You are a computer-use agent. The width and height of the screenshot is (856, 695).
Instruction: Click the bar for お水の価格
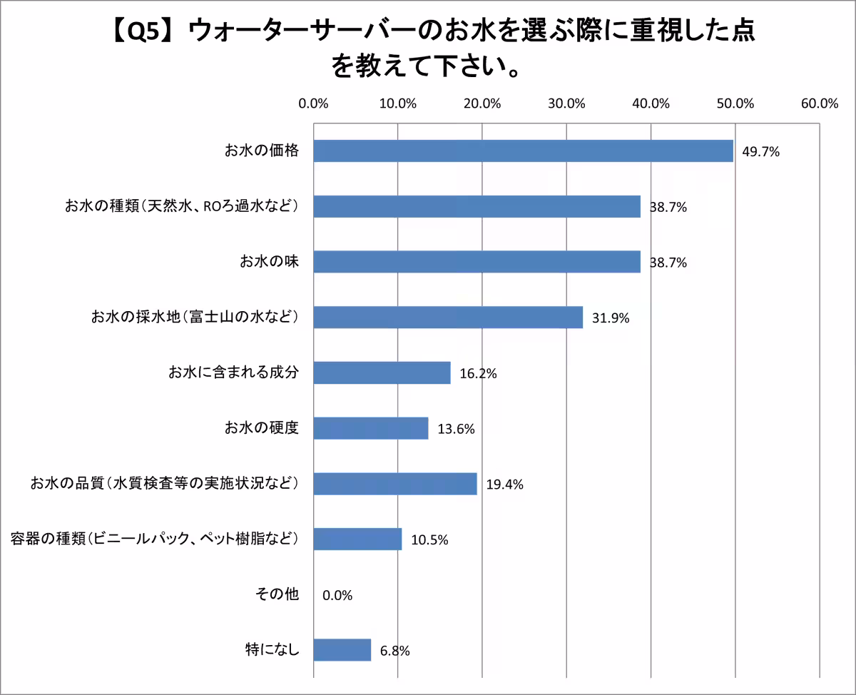[523, 151]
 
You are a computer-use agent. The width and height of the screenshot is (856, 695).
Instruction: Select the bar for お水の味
[477, 262]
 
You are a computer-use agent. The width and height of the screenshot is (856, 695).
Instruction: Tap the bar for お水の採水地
[448, 318]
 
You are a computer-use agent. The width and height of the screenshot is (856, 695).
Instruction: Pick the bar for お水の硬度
[371, 428]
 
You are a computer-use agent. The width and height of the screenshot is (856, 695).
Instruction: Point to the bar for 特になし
[342, 650]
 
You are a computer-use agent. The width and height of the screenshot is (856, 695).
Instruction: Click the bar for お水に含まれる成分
[382, 372]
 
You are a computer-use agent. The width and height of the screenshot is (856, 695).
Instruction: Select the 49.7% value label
[760, 151]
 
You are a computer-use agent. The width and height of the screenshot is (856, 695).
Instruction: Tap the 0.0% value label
[337, 595]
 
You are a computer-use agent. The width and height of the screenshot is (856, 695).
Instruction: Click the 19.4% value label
[504, 485]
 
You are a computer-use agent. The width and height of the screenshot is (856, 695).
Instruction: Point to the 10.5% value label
[429, 540]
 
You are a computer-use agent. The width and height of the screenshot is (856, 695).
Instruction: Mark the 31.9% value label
[611, 318]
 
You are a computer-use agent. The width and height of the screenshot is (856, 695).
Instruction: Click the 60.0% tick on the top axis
[819, 103]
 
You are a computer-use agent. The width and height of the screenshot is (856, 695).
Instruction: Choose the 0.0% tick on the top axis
[313, 103]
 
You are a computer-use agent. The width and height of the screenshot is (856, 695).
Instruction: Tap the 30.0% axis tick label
[566, 103]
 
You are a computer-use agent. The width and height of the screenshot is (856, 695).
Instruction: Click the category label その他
[277, 594]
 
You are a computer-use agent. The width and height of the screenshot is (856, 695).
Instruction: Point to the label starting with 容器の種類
[155, 539]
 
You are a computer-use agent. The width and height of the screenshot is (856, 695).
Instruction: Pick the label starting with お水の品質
[164, 484]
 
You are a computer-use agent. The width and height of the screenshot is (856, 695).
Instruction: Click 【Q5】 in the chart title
[143, 32]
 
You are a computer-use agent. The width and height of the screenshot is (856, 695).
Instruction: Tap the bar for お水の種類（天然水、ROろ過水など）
[477, 207]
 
